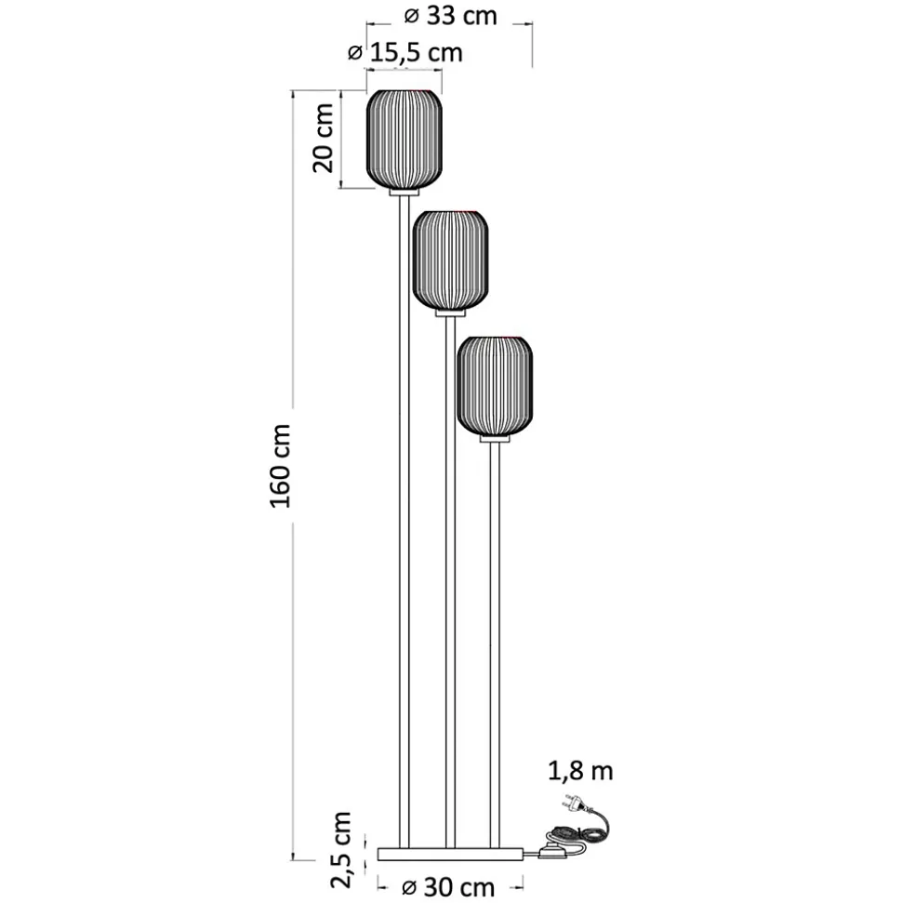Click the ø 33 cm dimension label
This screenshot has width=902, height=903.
click(450, 16)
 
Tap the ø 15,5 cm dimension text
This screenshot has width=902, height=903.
click(405, 53)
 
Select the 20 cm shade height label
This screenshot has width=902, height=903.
click(324, 139)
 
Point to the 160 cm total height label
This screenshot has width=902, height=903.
click(281, 466)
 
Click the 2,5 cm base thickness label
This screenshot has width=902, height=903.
click(341, 850)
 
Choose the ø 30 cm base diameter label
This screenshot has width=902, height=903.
click(449, 887)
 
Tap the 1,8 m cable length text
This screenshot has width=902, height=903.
click(580, 771)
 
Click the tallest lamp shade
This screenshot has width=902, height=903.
click(405, 139)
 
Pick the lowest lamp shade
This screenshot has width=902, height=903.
click(495, 385)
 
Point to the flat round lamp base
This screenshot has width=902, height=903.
click(450, 854)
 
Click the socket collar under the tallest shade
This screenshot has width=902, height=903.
click(405, 193)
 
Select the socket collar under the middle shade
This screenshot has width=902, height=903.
click(450, 313)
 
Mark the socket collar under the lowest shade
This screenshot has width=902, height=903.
click(495, 439)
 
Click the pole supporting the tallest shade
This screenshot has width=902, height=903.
click(405, 522)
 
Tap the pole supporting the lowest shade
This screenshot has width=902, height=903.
click(495, 645)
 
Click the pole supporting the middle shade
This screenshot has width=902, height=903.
click(450, 582)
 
